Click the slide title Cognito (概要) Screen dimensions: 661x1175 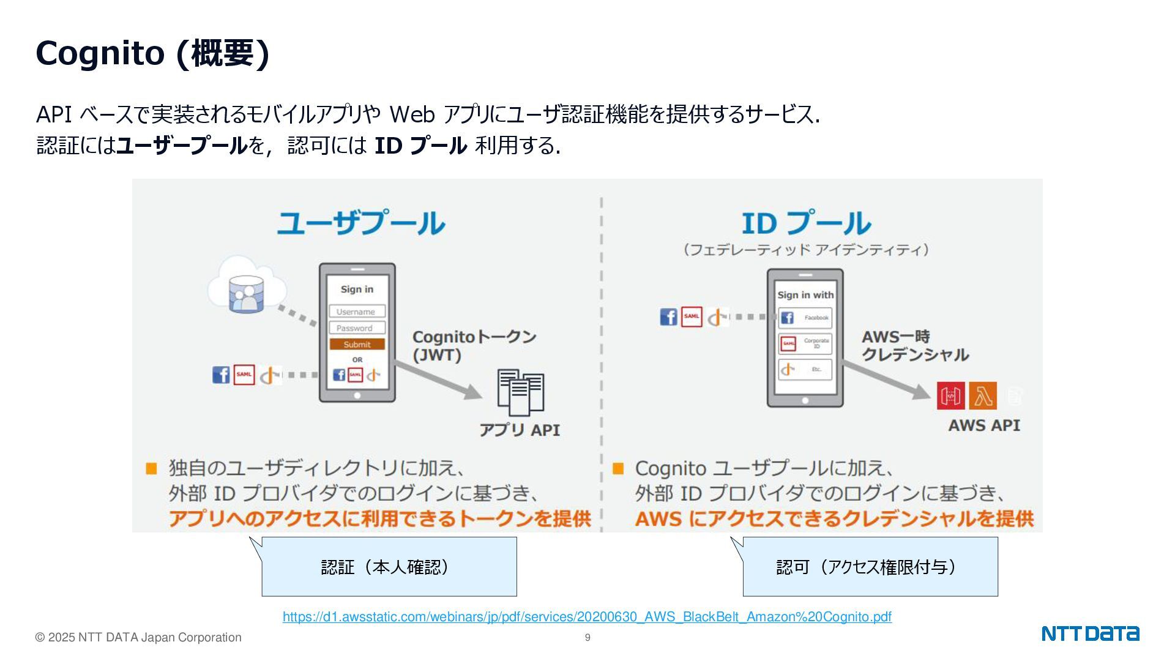pyautogui.click(x=152, y=53)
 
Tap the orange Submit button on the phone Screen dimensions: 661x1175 pyautogui.click(x=357, y=345)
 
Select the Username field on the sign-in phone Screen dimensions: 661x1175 pyautogui.click(x=357, y=312)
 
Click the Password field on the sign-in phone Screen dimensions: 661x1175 pyautogui.click(x=357, y=328)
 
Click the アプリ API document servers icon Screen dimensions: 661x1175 pyautogui.click(x=520, y=391)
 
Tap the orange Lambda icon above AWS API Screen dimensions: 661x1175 pyautogui.click(x=983, y=396)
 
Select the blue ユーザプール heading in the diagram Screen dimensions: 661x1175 pyautogui.click(x=360, y=223)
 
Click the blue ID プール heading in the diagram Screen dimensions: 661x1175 pyautogui.click(x=806, y=223)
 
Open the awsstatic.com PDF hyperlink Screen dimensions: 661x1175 pyautogui.click(x=587, y=617)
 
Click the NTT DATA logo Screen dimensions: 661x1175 pyautogui.click(x=1090, y=633)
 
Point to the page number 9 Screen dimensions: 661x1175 pyautogui.click(x=587, y=638)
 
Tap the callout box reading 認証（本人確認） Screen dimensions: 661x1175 pyautogui.click(x=389, y=567)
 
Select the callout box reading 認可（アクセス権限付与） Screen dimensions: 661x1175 pyautogui.click(x=870, y=567)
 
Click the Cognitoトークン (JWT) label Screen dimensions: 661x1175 pyautogui.click(x=474, y=346)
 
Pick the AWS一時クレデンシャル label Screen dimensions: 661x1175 pyautogui.click(x=914, y=346)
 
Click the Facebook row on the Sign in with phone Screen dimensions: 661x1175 pyautogui.click(x=805, y=318)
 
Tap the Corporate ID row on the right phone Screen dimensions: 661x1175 pyautogui.click(x=805, y=343)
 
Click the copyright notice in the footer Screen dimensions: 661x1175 pyautogui.click(x=138, y=638)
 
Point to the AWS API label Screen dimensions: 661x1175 pyautogui.click(x=984, y=425)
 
